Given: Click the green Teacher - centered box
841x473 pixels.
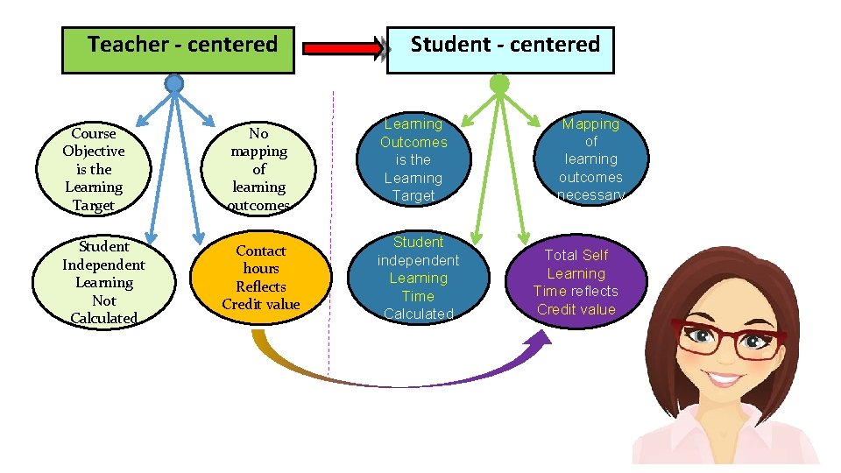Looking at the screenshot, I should pyautogui.click(x=178, y=50).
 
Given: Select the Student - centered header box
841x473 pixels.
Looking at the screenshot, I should pyautogui.click(x=500, y=50).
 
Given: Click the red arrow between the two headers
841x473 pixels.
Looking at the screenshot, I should pyautogui.click(x=343, y=49).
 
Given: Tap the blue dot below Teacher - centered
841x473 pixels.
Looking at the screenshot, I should pyautogui.click(x=174, y=84).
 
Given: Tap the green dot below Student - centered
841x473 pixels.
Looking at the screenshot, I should pyautogui.click(x=498, y=84).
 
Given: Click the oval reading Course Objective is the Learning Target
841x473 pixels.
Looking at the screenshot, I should pyautogui.click(x=94, y=169).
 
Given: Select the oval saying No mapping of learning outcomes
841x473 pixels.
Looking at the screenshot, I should pyautogui.click(x=258, y=169).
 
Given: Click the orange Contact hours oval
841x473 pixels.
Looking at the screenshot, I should pyautogui.click(x=261, y=278).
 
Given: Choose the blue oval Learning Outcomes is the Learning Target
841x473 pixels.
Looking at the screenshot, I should pyautogui.click(x=413, y=160).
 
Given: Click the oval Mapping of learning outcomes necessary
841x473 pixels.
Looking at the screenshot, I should pyautogui.click(x=590, y=159).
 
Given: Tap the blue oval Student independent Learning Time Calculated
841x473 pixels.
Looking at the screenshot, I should pyautogui.click(x=418, y=278).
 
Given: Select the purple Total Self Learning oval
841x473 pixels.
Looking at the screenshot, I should pyautogui.click(x=576, y=282).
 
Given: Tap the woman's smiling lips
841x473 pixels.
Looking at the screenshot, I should pyautogui.click(x=724, y=379).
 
